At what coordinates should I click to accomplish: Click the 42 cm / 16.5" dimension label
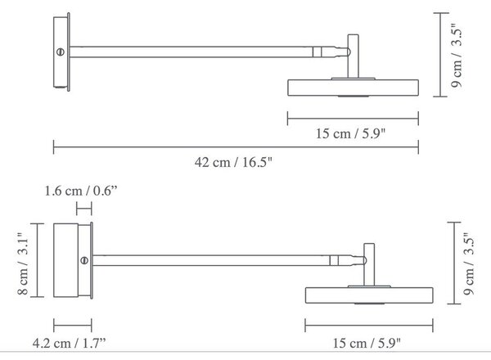[x=233, y=163]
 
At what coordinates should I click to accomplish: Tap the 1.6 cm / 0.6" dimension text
[x=81, y=191]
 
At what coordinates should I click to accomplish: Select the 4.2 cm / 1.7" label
[x=70, y=343]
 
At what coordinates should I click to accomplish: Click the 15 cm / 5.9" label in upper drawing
[x=350, y=133]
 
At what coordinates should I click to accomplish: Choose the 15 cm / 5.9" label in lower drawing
[x=367, y=343]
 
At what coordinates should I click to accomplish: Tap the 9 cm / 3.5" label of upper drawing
[x=456, y=56]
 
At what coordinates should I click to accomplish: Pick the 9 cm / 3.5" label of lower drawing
[x=469, y=263]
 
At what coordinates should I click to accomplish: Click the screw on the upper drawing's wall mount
[x=61, y=52]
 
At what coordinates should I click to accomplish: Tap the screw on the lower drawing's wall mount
[x=84, y=260]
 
